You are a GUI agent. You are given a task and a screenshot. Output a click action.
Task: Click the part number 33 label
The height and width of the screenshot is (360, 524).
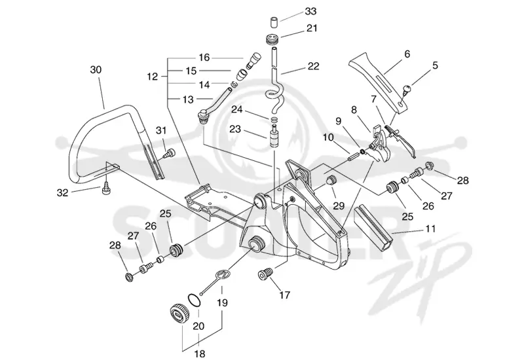tap(310, 11)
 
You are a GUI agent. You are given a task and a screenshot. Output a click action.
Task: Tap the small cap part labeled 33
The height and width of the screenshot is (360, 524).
tap(274, 22)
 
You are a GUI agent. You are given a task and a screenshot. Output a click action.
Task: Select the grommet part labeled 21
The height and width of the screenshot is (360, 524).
tap(273, 41)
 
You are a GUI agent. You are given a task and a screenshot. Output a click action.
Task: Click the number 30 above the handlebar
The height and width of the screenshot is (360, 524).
tap(96, 70)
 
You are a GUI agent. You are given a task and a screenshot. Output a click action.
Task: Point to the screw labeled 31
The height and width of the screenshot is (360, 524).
tap(169, 154)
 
